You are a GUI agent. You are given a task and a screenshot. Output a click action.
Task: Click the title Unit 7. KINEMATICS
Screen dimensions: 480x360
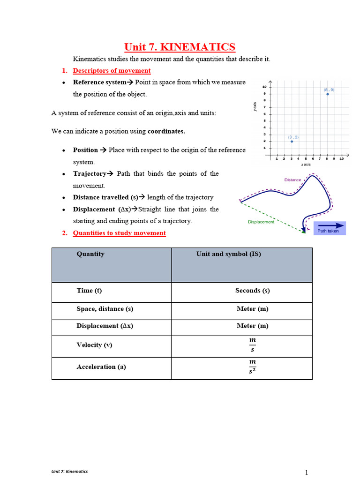pyautogui.click(x=180, y=47)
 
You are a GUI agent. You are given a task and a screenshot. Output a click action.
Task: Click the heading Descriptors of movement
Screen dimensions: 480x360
pyautogui.click(x=112, y=71)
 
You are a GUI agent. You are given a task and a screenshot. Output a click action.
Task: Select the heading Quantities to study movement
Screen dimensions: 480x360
pyautogui.click(x=119, y=233)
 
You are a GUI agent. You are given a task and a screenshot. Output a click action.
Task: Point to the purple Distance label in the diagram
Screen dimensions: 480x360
pyautogui.click(x=292, y=180)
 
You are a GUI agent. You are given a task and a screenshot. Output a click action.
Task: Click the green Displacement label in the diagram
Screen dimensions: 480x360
pyautogui.click(x=261, y=222)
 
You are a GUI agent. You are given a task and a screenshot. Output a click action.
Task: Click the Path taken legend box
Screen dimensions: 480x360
pyautogui.click(x=329, y=228)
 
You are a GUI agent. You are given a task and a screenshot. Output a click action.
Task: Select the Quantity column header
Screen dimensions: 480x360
pyautogui.click(x=90, y=254)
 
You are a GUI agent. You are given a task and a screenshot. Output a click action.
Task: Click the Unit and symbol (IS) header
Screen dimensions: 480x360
pyautogui.click(x=228, y=254)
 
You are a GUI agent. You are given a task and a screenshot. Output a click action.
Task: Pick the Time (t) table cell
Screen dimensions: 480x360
pyautogui.click(x=89, y=291)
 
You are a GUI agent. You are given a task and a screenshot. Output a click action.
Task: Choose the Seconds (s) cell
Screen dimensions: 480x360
pyautogui.click(x=252, y=291)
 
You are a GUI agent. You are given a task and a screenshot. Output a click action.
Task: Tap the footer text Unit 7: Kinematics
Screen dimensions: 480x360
pyautogui.click(x=69, y=471)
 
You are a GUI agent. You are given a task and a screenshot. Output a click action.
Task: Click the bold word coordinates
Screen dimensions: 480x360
pyautogui.click(x=166, y=131)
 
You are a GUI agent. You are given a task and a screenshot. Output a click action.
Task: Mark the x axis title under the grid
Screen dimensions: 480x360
pyautogui.click(x=305, y=165)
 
